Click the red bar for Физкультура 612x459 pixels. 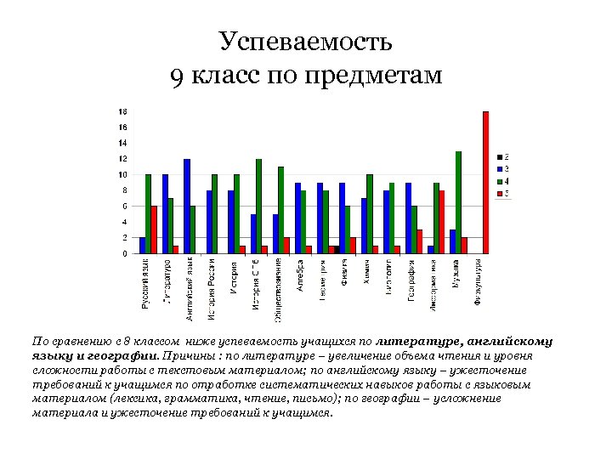486,182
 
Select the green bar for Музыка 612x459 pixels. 458,202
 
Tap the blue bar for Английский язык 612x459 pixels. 187,207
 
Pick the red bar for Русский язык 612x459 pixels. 154,229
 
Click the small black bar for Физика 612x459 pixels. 337,250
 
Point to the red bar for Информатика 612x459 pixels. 442,222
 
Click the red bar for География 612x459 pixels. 420,241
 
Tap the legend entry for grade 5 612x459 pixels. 501,194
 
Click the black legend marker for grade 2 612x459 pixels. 498,157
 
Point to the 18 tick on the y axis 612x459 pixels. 122,111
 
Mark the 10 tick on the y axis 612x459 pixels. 122,174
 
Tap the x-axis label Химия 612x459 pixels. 365,275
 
